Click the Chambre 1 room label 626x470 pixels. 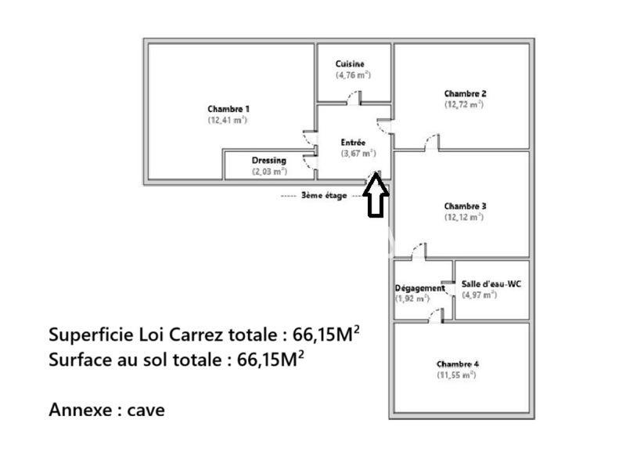[x=228, y=109]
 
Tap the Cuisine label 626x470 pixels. [x=350, y=64]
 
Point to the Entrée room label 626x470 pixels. [x=353, y=143]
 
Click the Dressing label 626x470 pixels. [x=268, y=161]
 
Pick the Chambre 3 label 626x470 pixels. [x=465, y=207]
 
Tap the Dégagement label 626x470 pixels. [x=419, y=287]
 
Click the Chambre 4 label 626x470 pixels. [x=458, y=364]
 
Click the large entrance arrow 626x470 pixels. [x=376, y=196]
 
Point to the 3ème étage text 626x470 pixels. [x=323, y=196]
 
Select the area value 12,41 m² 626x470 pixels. [x=228, y=120]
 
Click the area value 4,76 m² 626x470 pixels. [x=353, y=75]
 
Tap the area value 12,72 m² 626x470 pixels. [x=464, y=104]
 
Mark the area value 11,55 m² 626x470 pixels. [x=457, y=375]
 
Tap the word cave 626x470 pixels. [x=146, y=410]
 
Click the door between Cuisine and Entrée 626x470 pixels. [x=354, y=98]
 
